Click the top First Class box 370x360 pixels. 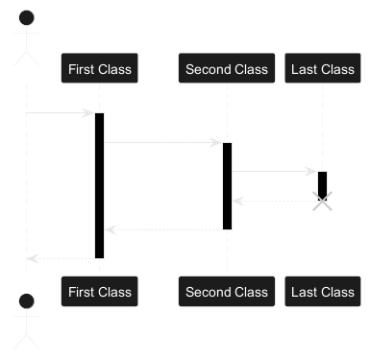point(100,68)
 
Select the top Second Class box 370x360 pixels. point(227,68)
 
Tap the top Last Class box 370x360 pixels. point(323,68)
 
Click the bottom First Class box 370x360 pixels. point(100,292)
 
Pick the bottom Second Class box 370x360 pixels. point(227,292)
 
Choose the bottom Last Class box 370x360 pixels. point(323,292)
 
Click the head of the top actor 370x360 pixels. point(27,17)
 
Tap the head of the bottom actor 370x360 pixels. point(27,300)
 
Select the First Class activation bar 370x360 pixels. point(100,185)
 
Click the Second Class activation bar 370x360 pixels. point(227,186)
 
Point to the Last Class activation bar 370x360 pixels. point(322,186)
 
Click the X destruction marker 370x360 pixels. point(322,202)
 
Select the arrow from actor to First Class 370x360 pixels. point(61,113)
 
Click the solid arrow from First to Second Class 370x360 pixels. point(163,143)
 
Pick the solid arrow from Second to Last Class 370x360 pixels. point(275,172)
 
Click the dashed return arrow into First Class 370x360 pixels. point(163,229)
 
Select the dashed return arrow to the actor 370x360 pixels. point(61,258)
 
